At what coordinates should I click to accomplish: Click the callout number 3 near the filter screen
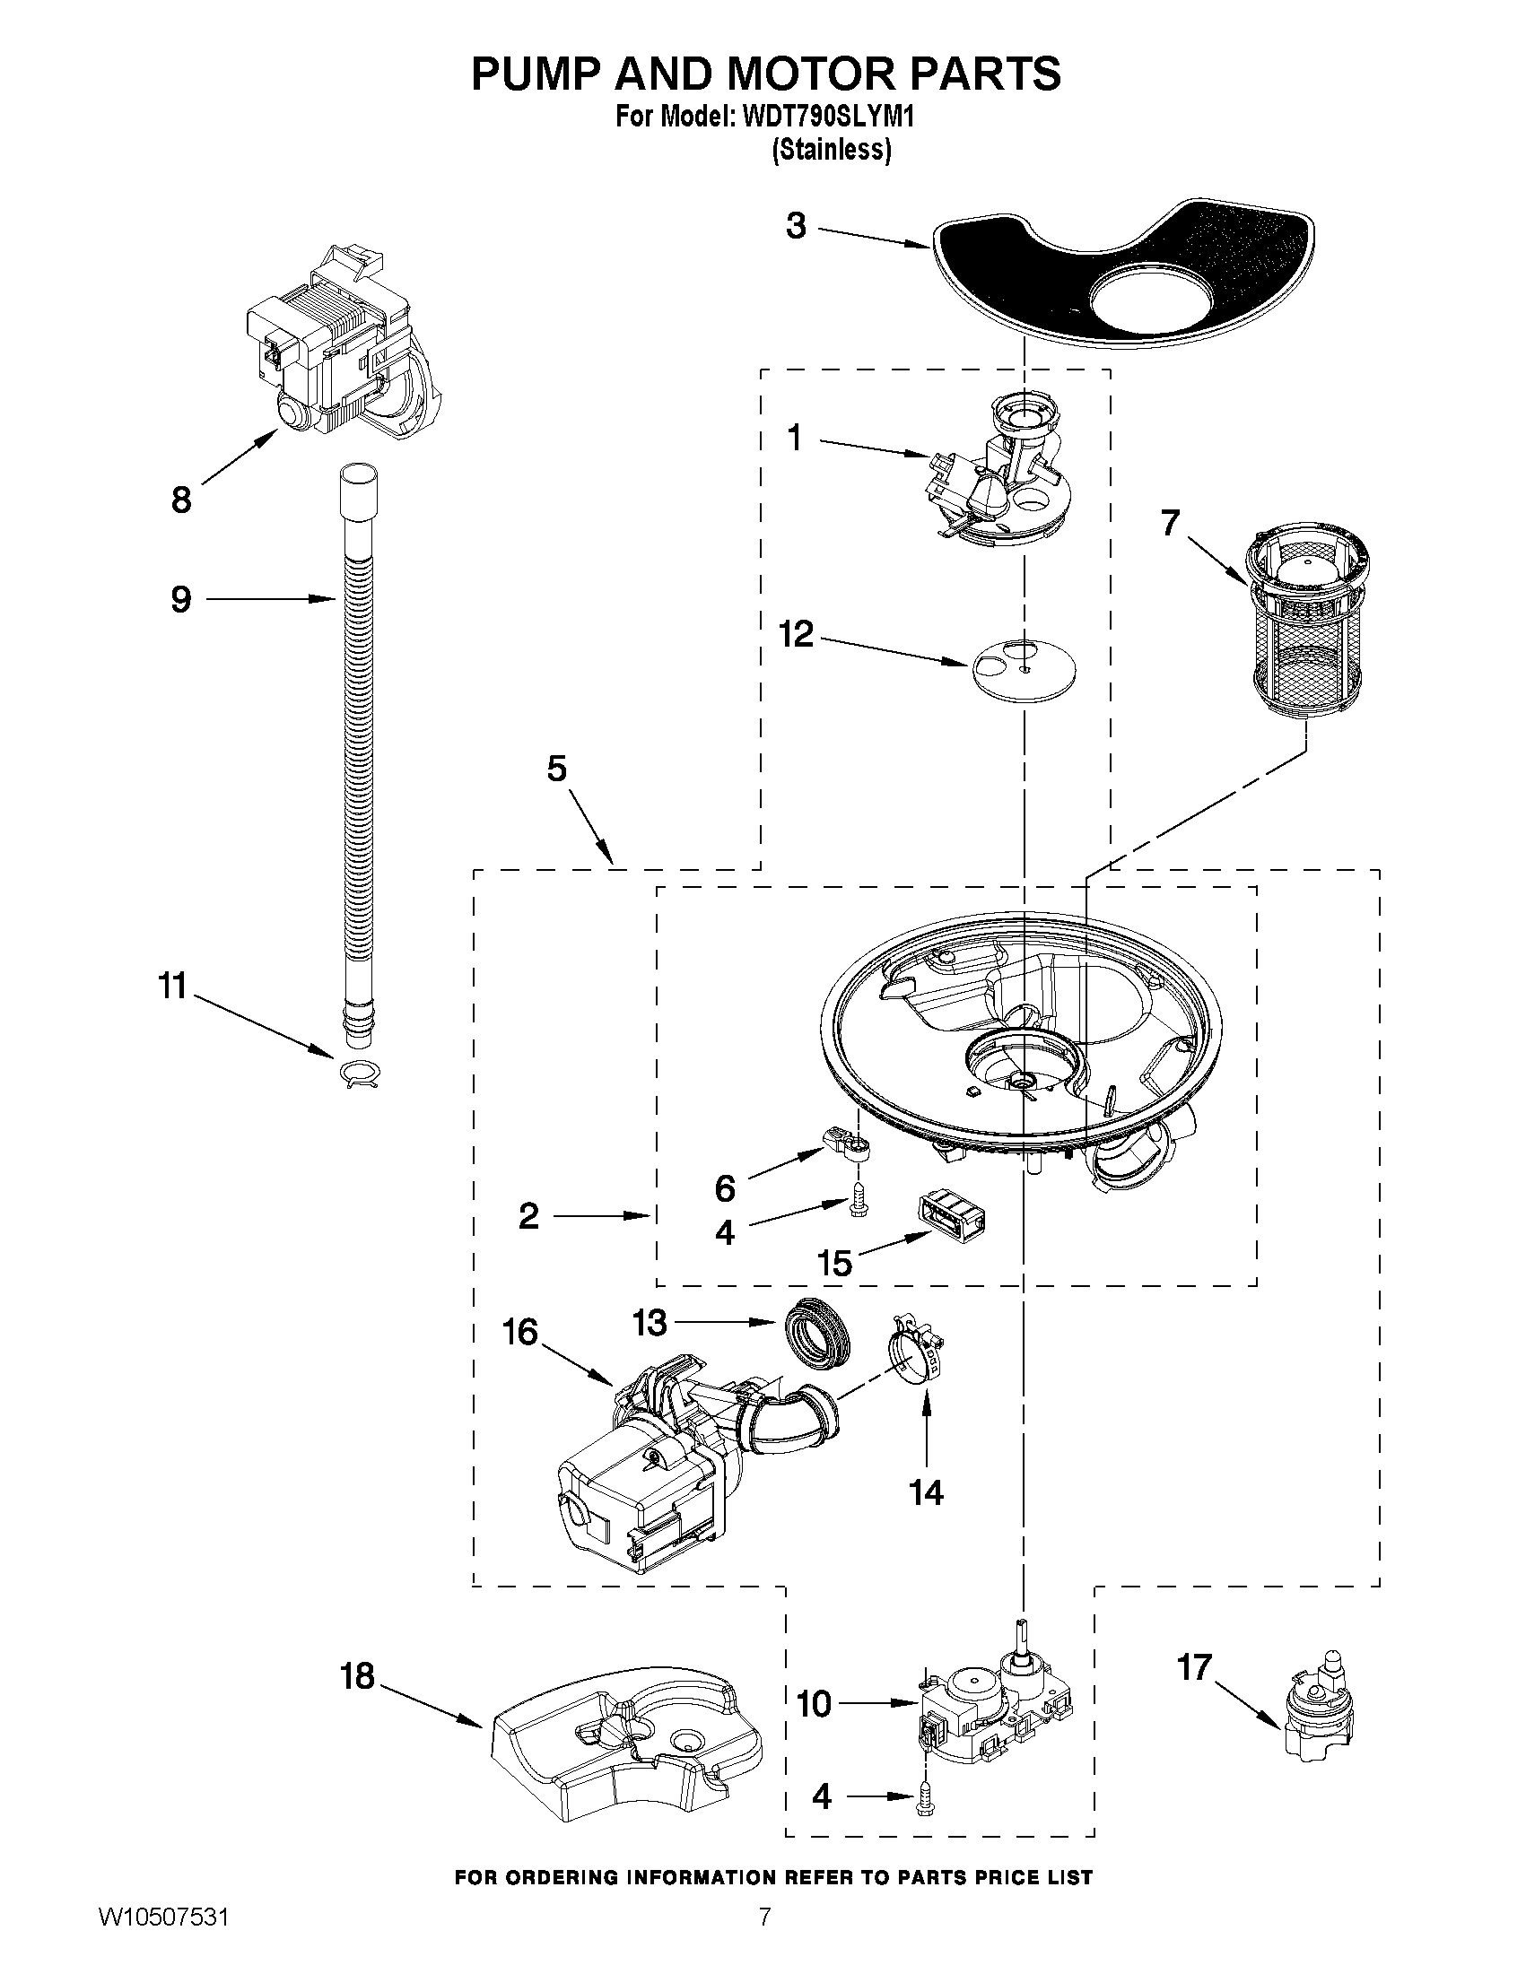click(x=796, y=226)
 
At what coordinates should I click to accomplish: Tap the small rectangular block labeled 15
click(x=951, y=1216)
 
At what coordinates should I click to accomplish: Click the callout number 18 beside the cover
click(x=358, y=1676)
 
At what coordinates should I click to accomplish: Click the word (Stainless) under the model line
click(x=831, y=149)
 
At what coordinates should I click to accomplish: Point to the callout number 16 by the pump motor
click(x=519, y=1331)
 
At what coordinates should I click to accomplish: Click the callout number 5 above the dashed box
click(x=557, y=770)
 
